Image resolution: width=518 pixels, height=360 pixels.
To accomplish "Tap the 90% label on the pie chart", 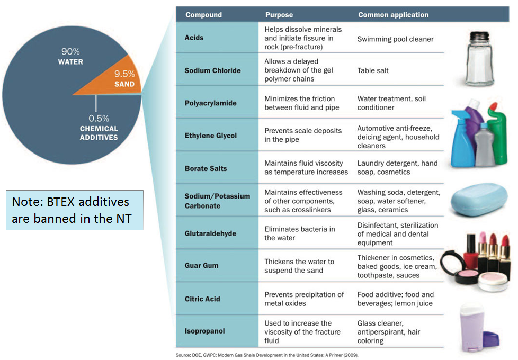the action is click(70, 51).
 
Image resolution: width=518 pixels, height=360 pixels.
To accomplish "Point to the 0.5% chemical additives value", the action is click(99, 118).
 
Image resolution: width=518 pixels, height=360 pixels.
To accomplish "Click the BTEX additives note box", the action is click(75, 210).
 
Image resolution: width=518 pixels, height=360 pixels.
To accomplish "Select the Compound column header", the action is click(203, 15).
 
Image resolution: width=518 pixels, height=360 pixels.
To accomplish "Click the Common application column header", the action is click(393, 15).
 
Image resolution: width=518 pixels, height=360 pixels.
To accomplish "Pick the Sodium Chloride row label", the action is click(212, 70).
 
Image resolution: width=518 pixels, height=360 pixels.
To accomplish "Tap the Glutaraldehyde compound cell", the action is click(210, 233).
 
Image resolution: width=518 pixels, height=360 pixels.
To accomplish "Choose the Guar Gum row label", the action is click(201, 266).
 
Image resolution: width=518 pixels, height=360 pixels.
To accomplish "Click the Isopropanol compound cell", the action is click(204, 331).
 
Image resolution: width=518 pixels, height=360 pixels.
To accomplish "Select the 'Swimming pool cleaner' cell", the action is click(395, 39).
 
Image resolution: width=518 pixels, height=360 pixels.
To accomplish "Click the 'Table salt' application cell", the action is click(373, 70).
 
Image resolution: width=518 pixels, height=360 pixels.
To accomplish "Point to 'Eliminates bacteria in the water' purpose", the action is click(300, 233).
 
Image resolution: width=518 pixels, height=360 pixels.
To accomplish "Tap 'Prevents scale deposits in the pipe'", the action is click(303, 135).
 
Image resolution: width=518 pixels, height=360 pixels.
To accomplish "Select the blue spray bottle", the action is click(462, 139).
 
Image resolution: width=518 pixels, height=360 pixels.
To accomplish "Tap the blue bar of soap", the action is click(479, 200).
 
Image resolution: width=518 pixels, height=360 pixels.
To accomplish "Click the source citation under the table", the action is click(266, 355).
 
